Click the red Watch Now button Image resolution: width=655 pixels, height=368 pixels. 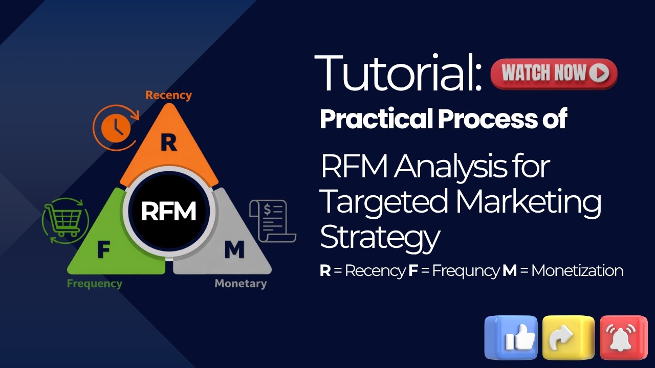[554, 74]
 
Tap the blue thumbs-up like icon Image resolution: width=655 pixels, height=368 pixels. [511, 337]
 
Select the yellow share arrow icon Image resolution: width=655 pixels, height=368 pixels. [568, 337]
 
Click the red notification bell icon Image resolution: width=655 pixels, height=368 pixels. [623, 337]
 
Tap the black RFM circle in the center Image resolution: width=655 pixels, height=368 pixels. [168, 211]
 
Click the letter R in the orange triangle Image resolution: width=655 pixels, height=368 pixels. [168, 144]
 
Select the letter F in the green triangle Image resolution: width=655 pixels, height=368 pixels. [103, 250]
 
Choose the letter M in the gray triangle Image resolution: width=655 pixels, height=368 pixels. [234, 250]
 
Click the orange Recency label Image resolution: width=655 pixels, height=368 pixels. [168, 95]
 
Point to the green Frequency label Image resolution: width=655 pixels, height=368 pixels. [95, 283]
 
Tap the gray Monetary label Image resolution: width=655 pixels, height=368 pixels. [241, 283]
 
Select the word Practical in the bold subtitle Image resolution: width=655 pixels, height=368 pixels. [376, 119]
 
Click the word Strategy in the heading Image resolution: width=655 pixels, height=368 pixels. [380, 237]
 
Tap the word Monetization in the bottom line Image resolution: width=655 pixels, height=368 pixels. [577, 271]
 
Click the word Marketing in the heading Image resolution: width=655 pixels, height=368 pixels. [528, 202]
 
